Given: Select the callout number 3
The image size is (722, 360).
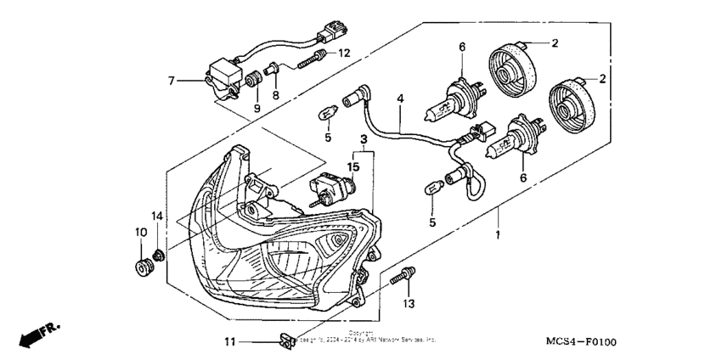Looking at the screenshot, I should [x=363, y=138].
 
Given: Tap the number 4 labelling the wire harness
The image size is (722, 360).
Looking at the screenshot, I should [x=399, y=98].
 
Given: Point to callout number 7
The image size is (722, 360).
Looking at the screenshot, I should [x=171, y=81].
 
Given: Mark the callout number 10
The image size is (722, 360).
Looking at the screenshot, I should [x=139, y=232].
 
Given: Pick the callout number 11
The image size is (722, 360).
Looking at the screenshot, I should [x=228, y=342].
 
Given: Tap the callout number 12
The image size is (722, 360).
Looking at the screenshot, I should [x=344, y=53].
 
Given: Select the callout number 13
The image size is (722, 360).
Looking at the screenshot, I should [x=408, y=303].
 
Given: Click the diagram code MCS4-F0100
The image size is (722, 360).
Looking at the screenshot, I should [x=581, y=342].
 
